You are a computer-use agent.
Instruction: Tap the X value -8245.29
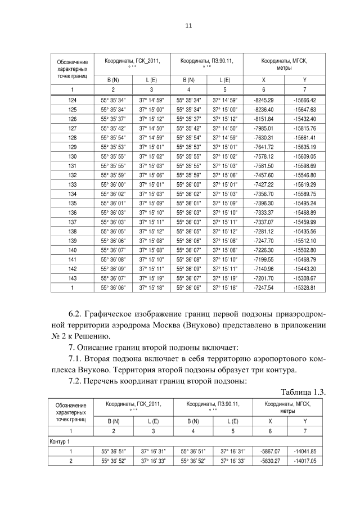point(263,100)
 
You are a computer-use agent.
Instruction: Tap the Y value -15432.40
point(304,119)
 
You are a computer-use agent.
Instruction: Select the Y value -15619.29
point(304,183)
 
